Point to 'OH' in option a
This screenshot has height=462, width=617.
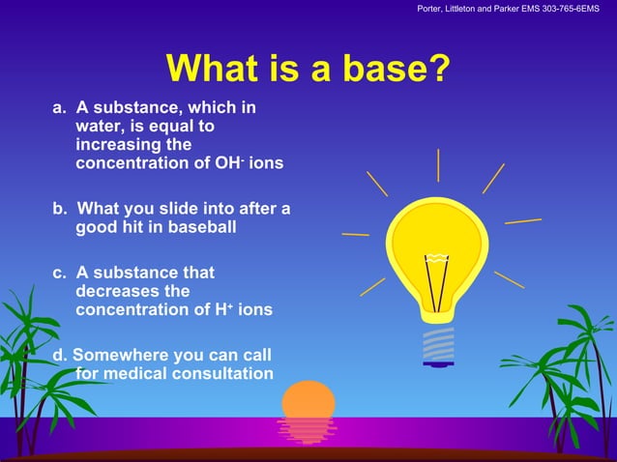230,163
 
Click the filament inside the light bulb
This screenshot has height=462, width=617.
437,280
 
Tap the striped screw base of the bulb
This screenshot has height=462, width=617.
438,343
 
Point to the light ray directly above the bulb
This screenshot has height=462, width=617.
438,165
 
